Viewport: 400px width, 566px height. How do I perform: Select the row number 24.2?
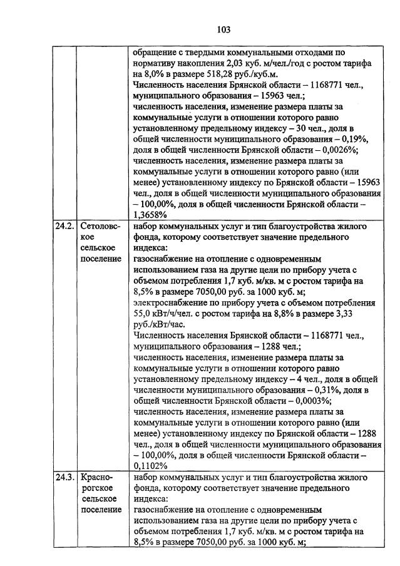click(63, 227)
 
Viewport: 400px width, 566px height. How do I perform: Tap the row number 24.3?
click(63, 477)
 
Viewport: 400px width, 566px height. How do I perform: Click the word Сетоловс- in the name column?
click(101, 227)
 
